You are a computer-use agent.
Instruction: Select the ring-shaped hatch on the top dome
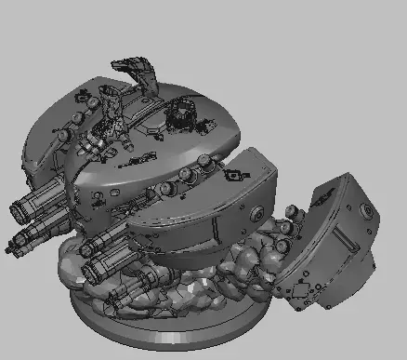point(180,118)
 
